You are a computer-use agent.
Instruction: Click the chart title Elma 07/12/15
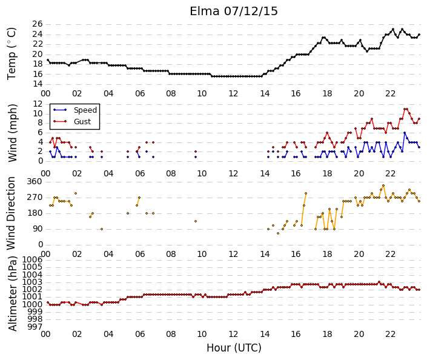coord(234,12)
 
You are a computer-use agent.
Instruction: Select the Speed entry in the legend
coord(85,110)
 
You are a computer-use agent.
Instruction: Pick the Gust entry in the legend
coord(82,122)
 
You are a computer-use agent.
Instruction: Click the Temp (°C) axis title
coord(12,54)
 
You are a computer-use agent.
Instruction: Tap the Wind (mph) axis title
coord(12,133)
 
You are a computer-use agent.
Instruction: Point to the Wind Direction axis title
coord(11,213)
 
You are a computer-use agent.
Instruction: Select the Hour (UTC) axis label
coord(234,348)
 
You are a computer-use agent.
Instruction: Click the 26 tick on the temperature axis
coord(38,24)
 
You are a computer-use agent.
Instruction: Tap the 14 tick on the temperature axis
coord(38,84)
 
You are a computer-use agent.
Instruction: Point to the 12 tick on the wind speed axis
coord(38,104)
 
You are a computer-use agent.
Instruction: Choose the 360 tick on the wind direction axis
coord(35,181)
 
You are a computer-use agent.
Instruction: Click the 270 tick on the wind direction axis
coord(35,198)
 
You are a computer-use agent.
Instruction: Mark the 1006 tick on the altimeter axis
coord(33,259)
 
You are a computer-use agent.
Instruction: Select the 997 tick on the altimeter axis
coord(35,327)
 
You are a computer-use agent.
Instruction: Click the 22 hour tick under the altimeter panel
coord(390,334)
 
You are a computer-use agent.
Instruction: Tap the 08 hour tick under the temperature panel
coord(171,93)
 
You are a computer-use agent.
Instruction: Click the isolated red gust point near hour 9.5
coord(196,152)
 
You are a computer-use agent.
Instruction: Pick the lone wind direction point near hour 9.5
coord(196,221)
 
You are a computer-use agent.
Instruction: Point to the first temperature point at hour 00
coord(48,60)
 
